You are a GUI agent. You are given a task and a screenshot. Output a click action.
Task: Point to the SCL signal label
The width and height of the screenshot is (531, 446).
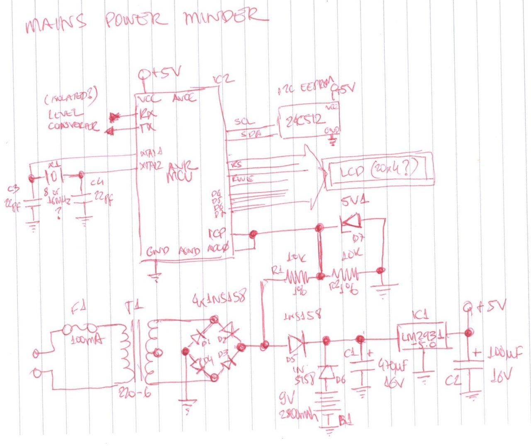pos(244,122)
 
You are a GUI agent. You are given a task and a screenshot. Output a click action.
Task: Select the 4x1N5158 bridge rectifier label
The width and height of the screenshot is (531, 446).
pos(220,299)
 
